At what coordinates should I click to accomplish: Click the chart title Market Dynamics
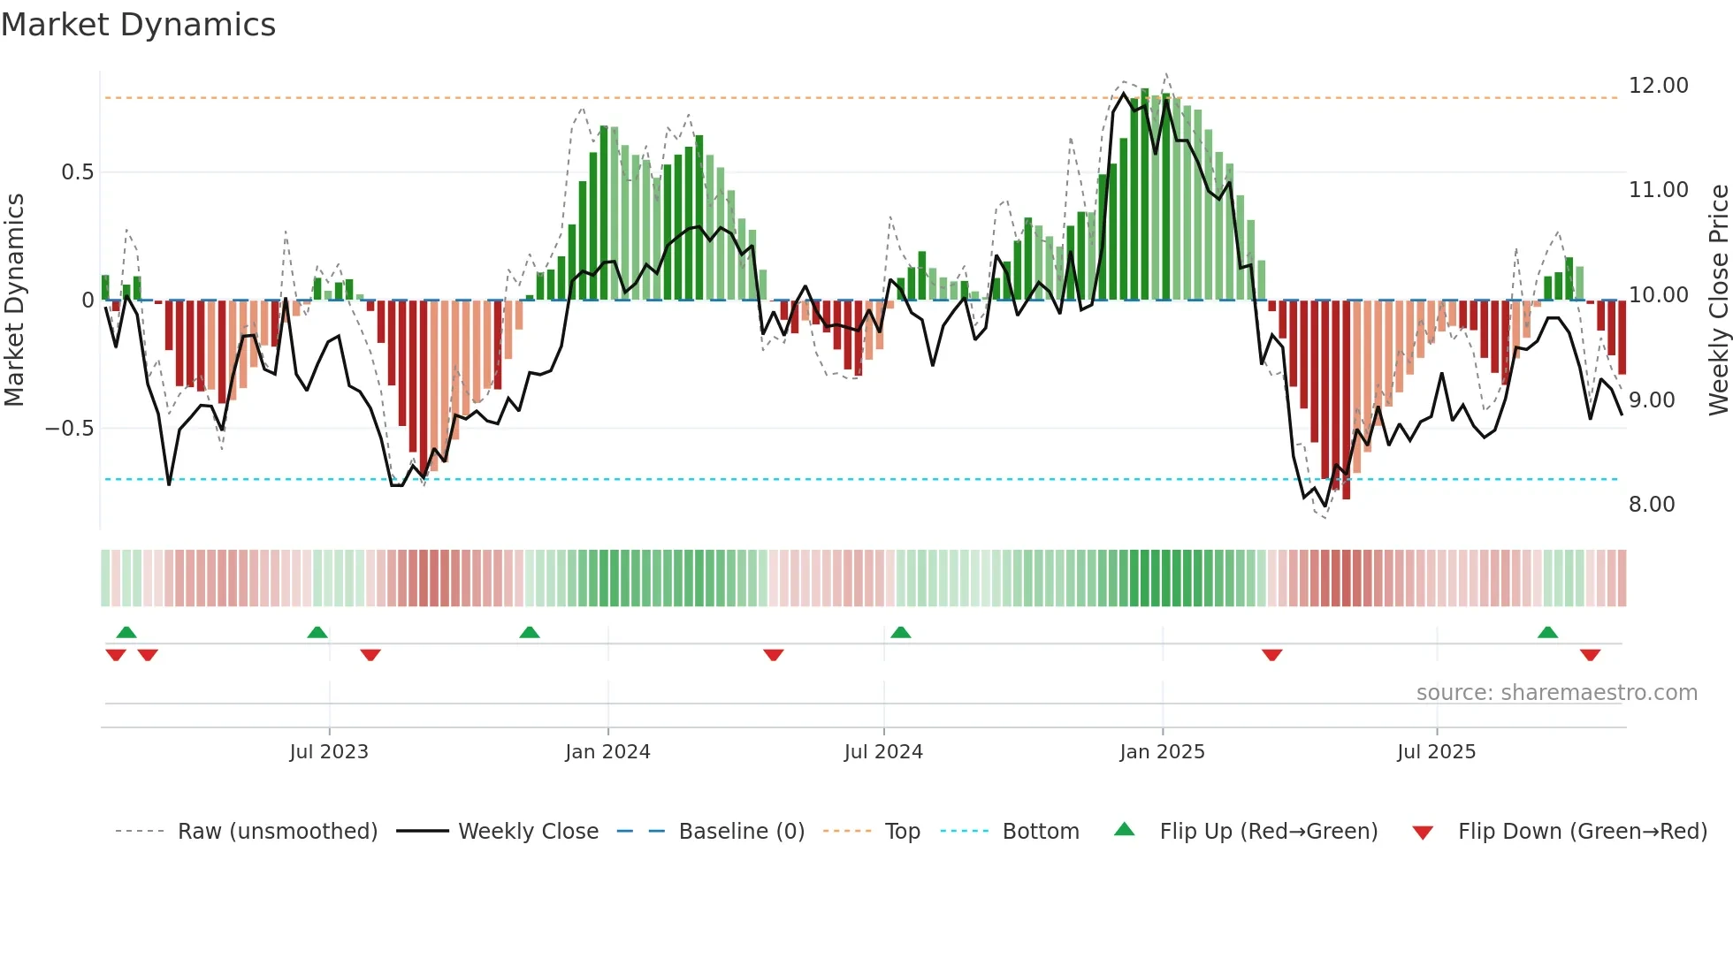(x=138, y=25)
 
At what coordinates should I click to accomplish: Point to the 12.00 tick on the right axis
(x=1658, y=86)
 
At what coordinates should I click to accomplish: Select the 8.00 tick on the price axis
(x=1651, y=505)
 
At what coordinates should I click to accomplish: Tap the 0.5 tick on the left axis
(x=77, y=172)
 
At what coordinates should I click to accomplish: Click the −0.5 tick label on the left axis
(x=70, y=429)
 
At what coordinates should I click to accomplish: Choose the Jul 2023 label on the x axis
(x=328, y=752)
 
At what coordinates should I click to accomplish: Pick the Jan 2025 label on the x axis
(x=1161, y=752)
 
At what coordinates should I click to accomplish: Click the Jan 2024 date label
(x=607, y=752)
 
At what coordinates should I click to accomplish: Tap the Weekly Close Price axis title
(x=1718, y=300)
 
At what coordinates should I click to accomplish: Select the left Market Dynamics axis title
(x=14, y=300)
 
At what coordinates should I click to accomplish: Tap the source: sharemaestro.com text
(x=1556, y=693)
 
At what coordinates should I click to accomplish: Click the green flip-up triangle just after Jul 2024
(x=900, y=633)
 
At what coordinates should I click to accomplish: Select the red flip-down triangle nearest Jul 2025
(x=1271, y=655)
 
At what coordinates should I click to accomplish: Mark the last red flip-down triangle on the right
(x=1590, y=655)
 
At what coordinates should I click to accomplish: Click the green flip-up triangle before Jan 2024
(x=529, y=633)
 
